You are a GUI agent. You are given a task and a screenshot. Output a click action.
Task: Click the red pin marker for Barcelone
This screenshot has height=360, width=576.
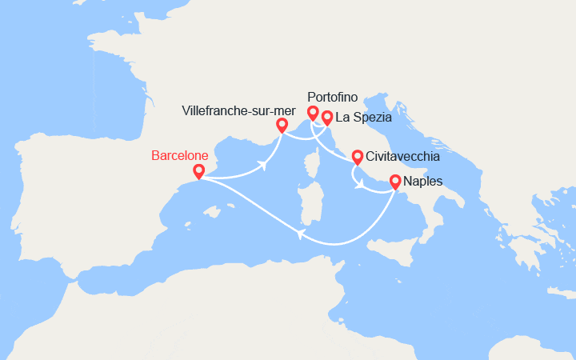click(199, 171)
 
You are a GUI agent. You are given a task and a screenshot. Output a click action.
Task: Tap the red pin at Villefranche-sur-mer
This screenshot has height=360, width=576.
click(282, 126)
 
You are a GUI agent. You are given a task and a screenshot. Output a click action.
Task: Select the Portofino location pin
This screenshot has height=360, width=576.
click(313, 114)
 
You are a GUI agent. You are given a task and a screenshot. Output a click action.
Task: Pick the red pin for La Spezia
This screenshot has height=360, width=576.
click(326, 118)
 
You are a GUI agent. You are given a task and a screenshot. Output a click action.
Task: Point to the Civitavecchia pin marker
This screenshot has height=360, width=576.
click(357, 156)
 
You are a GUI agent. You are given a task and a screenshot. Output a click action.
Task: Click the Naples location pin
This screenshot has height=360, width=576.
click(395, 182)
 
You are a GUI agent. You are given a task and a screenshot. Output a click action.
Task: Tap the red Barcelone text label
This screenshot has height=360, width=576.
click(182, 155)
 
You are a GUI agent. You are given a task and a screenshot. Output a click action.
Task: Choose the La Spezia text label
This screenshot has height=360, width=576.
click(363, 117)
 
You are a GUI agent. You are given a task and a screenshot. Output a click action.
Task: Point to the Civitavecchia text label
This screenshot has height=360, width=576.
click(402, 157)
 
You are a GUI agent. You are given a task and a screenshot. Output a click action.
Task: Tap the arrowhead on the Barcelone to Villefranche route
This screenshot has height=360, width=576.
click(262, 166)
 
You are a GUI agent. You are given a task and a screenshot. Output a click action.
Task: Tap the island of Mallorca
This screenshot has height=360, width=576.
click(212, 213)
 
